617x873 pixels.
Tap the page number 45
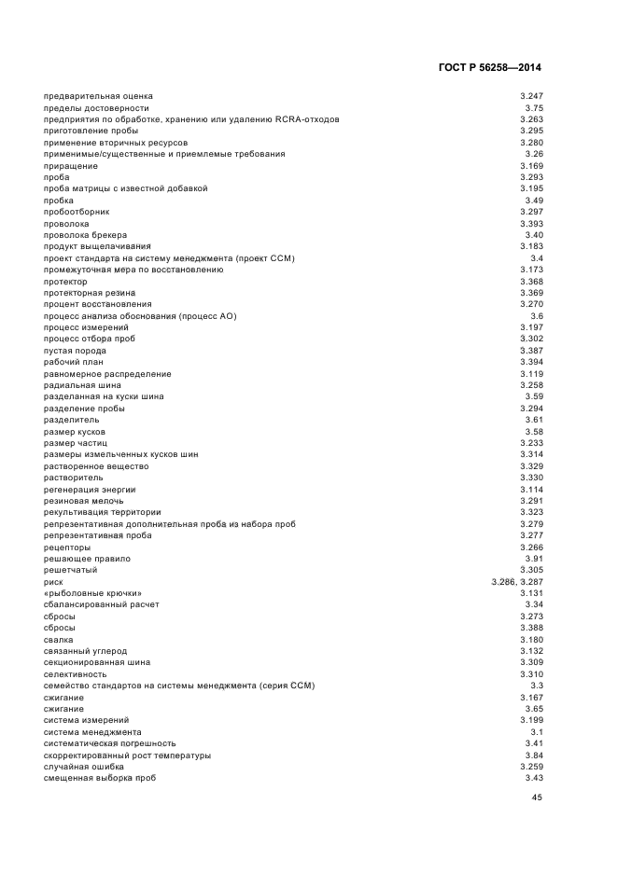tap(537, 797)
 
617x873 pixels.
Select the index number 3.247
tap(531, 97)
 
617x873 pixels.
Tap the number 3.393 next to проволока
tap(531, 224)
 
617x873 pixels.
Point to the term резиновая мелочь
tap(83, 501)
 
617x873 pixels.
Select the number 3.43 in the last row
tap(534, 778)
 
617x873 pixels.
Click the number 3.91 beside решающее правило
tap(534, 559)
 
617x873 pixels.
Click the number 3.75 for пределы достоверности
tap(534, 108)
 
